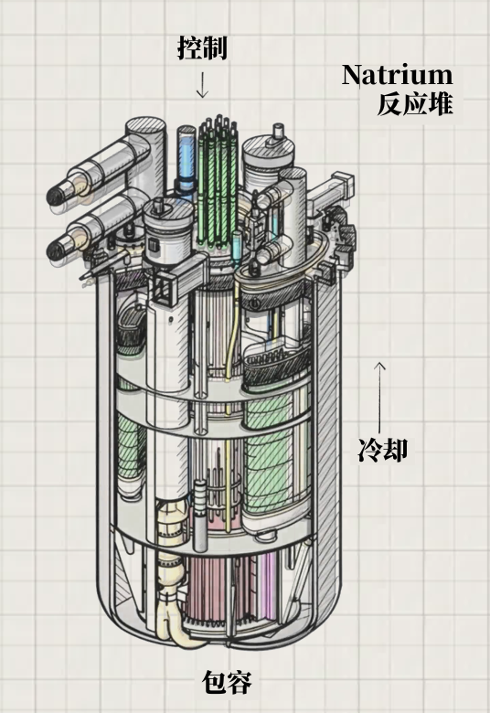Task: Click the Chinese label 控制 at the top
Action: (202, 48)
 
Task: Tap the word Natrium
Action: (397, 75)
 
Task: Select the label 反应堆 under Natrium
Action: (415, 103)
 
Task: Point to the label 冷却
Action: (383, 450)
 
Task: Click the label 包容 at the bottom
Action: (227, 682)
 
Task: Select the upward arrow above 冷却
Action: (380, 397)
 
